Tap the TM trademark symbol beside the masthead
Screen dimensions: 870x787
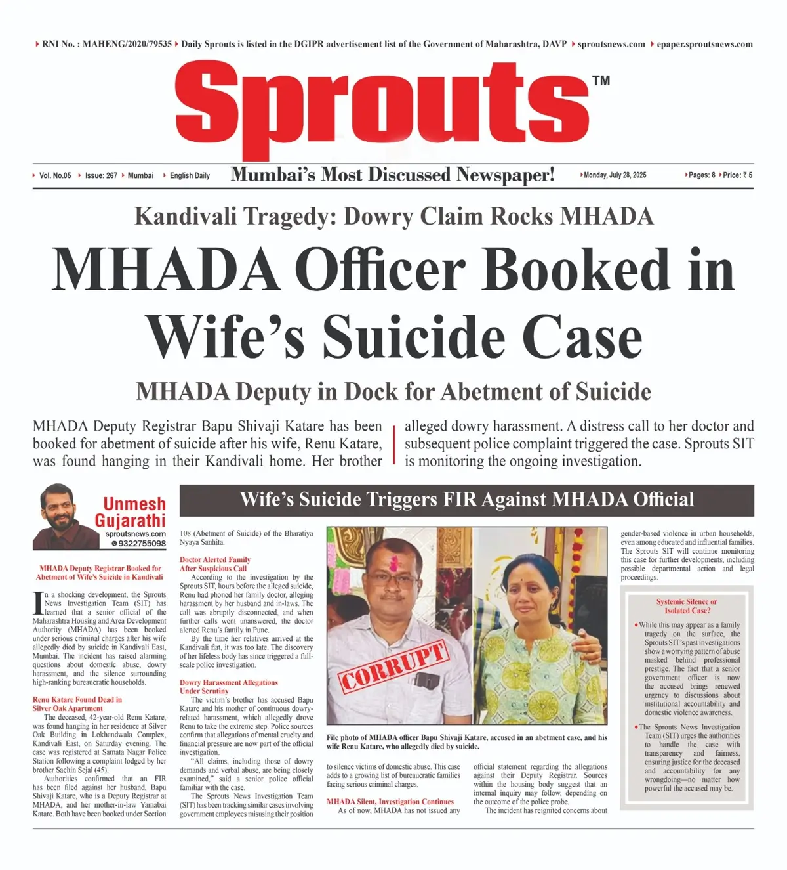(x=601, y=81)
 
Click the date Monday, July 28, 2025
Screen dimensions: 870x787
(x=615, y=175)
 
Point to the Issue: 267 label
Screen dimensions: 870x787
(x=101, y=175)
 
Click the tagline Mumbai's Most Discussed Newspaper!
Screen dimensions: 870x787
(x=392, y=175)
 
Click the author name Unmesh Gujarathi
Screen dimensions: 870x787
(x=131, y=512)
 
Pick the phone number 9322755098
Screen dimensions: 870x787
(x=142, y=544)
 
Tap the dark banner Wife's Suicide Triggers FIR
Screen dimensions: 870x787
(x=466, y=500)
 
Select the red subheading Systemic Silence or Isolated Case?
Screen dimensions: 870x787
(x=686, y=605)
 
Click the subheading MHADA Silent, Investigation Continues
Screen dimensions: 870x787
(x=390, y=802)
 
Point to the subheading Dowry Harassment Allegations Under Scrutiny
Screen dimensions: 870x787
(x=228, y=687)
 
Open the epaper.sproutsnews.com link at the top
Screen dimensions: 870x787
(x=704, y=44)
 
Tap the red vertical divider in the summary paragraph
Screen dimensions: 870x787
(x=393, y=444)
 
